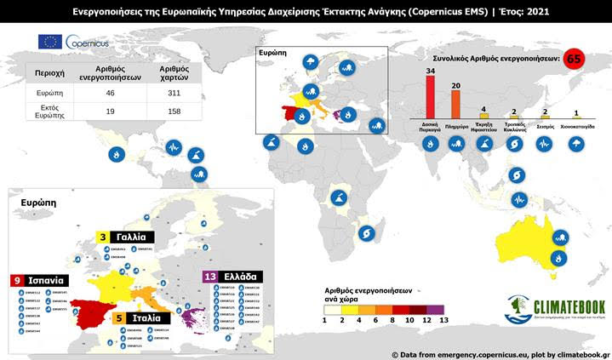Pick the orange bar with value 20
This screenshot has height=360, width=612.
point(455,105)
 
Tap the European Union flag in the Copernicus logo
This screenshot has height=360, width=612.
point(49,42)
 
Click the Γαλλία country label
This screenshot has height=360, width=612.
point(133,236)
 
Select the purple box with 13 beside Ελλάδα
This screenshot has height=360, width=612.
point(209,277)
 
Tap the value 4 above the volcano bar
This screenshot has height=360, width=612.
point(483,109)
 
